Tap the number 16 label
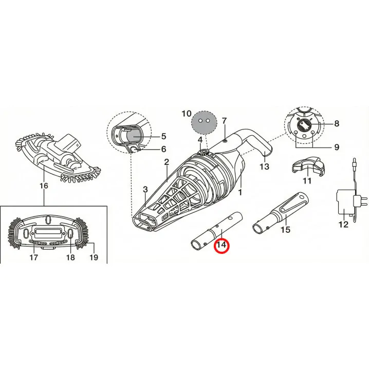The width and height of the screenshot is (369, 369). [44, 186]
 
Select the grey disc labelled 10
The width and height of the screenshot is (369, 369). [204, 122]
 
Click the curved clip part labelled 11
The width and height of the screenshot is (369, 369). [308, 166]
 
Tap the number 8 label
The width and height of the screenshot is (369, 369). [337, 123]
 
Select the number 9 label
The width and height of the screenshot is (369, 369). [337, 147]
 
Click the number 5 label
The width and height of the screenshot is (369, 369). [163, 136]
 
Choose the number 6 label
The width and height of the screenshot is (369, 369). [163, 149]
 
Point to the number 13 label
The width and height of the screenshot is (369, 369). [264, 167]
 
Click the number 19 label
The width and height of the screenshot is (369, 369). [94, 257]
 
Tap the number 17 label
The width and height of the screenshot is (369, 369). [33, 257]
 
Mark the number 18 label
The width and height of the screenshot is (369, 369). [70, 257]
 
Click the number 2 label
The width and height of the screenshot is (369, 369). [167, 162]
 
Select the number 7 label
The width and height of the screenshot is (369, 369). [224, 121]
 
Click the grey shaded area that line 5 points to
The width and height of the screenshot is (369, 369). [134, 137]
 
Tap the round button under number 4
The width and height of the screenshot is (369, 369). [203, 152]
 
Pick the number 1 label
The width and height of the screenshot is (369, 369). [240, 193]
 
